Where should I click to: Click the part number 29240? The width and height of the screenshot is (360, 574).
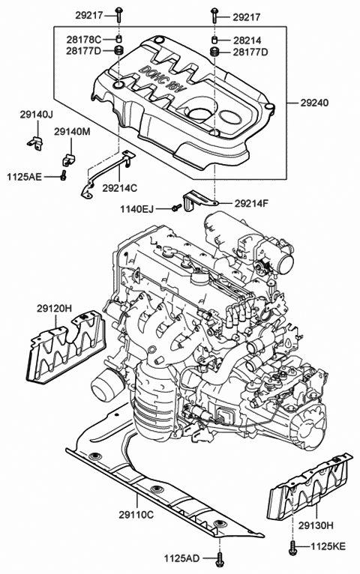[x=314, y=103]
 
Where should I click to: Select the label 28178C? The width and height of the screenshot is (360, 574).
[x=83, y=39]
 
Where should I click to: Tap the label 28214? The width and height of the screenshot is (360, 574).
[x=247, y=40]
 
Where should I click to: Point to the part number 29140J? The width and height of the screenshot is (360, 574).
[x=36, y=115]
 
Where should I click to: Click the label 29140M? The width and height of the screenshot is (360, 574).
[x=72, y=131]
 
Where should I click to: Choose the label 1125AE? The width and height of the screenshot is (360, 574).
[x=24, y=177]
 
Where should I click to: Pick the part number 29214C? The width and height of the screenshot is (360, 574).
[x=119, y=188]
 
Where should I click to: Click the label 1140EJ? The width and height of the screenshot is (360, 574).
[x=137, y=209]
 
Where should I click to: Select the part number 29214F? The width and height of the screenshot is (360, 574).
[x=251, y=203]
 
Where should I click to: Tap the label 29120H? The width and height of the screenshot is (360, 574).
[x=54, y=309]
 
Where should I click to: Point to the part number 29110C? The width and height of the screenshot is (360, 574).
[x=136, y=514]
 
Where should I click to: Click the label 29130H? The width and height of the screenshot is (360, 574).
[x=315, y=526]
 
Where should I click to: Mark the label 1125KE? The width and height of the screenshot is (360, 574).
[x=328, y=546]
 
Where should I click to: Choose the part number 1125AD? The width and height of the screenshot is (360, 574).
[x=181, y=558]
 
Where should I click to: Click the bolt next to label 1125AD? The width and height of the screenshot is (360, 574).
[x=220, y=558]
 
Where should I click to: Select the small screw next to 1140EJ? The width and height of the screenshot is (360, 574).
[x=176, y=208]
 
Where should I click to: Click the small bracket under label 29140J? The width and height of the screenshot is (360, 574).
[x=35, y=143]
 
